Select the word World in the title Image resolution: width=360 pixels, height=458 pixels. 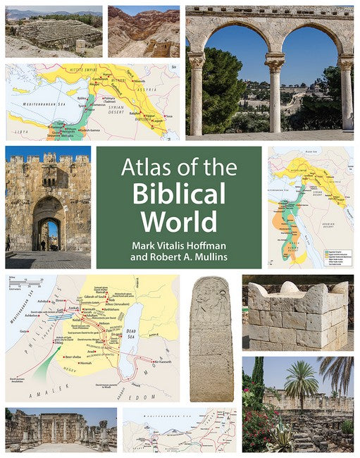tap(178, 221)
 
